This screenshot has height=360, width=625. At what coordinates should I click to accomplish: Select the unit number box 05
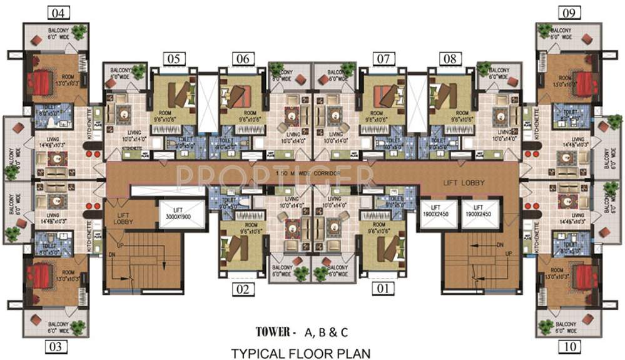176,59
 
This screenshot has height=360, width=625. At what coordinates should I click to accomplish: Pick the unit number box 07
384,59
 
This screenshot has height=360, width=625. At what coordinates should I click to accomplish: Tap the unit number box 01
384,289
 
